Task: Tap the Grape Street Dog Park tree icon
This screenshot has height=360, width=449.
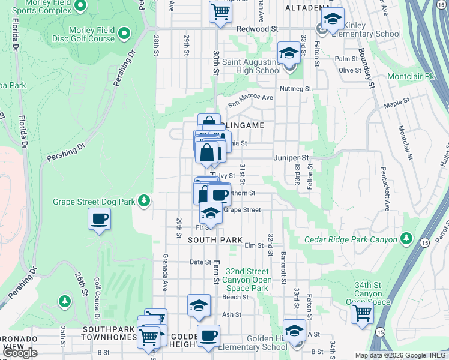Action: (x=144, y=201)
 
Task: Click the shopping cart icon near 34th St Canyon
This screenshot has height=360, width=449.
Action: (x=362, y=312)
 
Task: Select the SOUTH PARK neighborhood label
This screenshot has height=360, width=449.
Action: (x=215, y=240)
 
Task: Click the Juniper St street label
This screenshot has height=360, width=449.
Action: (x=291, y=158)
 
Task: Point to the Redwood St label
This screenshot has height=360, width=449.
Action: (x=258, y=28)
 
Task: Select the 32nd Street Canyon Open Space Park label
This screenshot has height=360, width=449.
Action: (x=248, y=280)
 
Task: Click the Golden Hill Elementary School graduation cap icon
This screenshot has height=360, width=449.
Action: (x=294, y=331)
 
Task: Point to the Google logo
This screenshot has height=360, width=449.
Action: (x=19, y=353)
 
